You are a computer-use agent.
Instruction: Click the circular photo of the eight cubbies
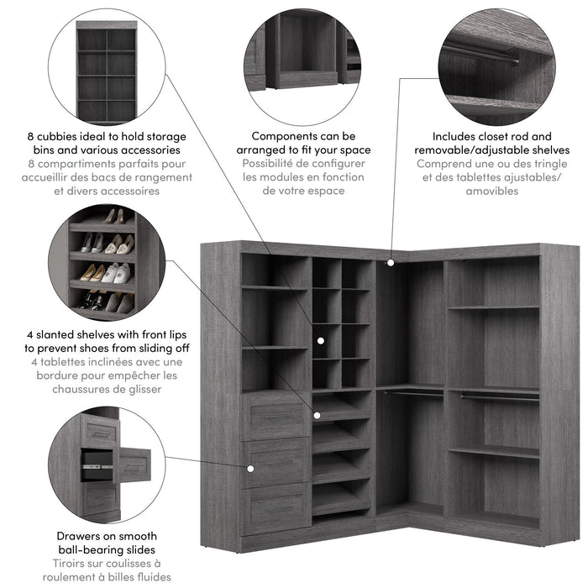pyautogui.click(x=106, y=66)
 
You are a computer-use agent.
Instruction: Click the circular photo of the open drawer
pyautogui.click(x=106, y=466)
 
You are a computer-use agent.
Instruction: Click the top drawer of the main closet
pyautogui.click(x=276, y=415)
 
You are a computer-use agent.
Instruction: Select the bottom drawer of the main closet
pyautogui.click(x=276, y=508)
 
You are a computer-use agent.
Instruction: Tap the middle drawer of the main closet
pyautogui.click(x=276, y=463)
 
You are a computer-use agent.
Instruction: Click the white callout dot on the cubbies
pyautogui.click(x=320, y=340)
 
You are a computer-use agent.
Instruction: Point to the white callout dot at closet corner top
pyautogui.click(x=391, y=263)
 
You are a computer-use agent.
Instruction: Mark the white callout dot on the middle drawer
pyautogui.click(x=249, y=467)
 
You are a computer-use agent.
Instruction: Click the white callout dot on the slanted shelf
pyautogui.click(x=317, y=414)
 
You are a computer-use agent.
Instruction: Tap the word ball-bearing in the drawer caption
pyautogui.click(x=89, y=549)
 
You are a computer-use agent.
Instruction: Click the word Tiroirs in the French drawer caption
pyautogui.click(x=75, y=563)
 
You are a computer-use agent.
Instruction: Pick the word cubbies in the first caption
pyautogui.click(x=66, y=135)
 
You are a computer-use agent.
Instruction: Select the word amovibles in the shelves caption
pyautogui.click(x=492, y=191)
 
